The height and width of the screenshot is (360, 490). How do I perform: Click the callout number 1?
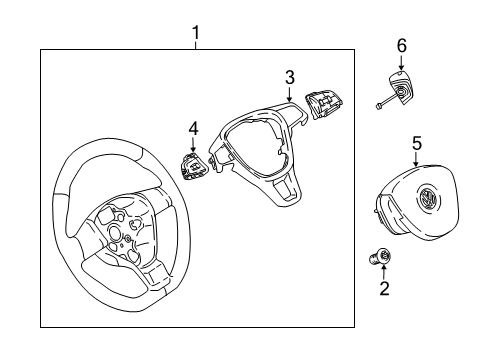click(196, 33)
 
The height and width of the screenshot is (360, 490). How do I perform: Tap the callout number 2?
click(384, 288)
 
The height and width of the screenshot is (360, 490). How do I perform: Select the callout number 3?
click(290, 77)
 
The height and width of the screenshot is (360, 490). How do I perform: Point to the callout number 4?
click(193, 129)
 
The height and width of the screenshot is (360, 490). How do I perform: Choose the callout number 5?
click(417, 144)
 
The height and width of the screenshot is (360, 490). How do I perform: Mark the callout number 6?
click(402, 46)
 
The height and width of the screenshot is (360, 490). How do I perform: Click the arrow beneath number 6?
click(401, 63)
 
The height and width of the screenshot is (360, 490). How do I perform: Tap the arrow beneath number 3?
click(289, 94)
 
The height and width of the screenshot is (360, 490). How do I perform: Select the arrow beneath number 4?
click(193, 145)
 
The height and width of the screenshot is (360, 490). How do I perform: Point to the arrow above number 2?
click(384, 272)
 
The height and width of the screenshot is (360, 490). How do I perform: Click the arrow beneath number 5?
click(416, 160)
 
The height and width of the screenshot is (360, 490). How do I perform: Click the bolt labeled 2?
click(380, 257)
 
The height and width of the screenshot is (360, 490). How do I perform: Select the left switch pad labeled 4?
click(195, 166)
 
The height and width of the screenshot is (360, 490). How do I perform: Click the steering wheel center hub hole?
click(115, 232)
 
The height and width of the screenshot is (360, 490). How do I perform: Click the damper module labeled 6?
click(401, 88)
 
